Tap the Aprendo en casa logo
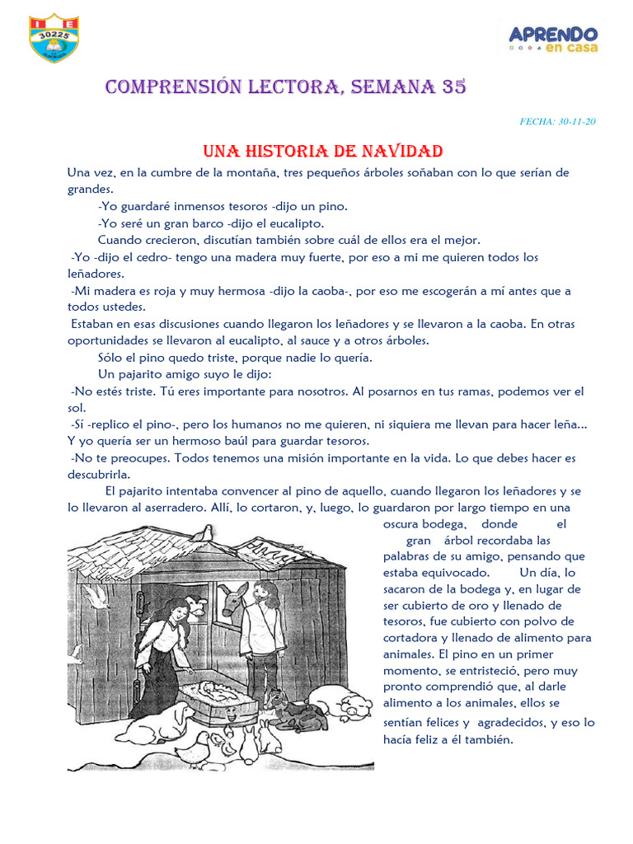[552, 38]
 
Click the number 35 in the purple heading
[453, 87]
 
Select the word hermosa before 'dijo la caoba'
[241, 291]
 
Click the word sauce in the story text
[242, 340]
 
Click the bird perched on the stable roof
[202, 533]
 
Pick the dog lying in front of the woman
[169, 724]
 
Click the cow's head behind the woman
[195, 607]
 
